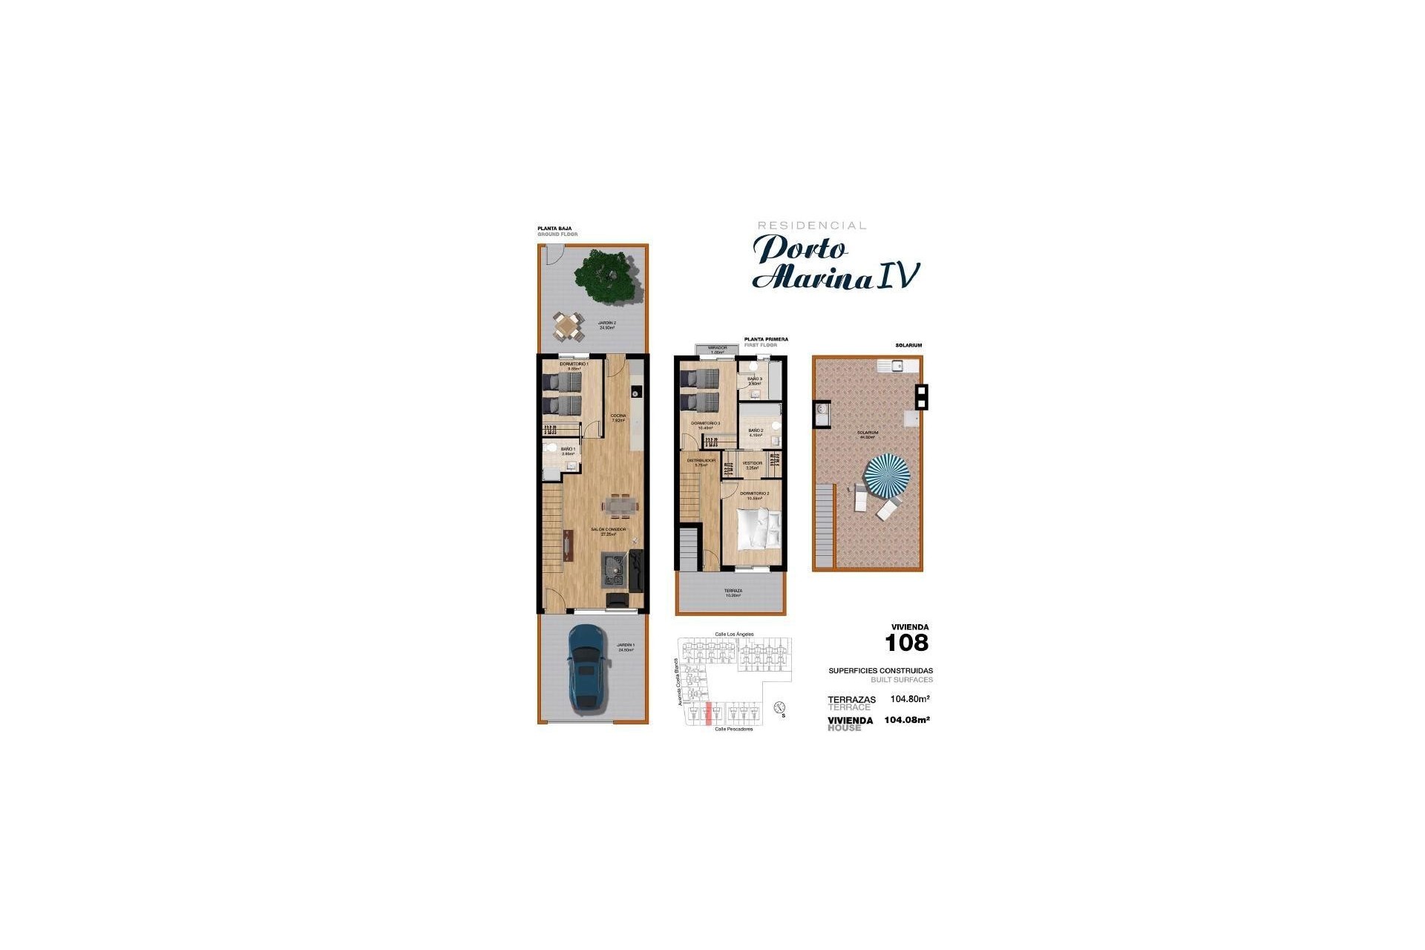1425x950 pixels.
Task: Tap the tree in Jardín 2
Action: coord(608,277)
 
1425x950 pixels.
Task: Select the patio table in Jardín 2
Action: coord(567,325)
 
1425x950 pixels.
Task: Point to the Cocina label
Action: coord(618,418)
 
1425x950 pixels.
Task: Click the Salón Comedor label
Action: coord(609,531)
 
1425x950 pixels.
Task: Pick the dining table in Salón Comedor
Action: coord(618,505)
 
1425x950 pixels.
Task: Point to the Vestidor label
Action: coord(752,465)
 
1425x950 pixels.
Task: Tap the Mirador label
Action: coord(717,349)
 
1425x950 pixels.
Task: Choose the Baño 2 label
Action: coord(756,432)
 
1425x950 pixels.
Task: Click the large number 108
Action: coord(907,643)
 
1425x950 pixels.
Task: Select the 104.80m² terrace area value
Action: coord(910,698)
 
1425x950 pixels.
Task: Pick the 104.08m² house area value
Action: coord(907,719)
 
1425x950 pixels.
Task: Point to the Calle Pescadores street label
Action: coord(733,729)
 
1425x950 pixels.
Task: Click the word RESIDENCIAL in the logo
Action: coord(811,226)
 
